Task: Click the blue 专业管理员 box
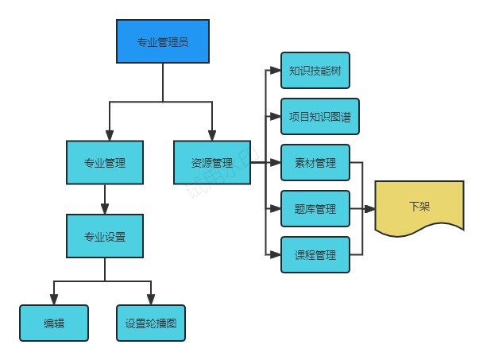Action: click(163, 41)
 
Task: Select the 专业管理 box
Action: click(105, 163)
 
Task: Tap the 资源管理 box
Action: click(212, 163)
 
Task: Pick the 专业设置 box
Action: click(105, 236)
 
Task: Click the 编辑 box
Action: click(54, 323)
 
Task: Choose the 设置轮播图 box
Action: click(150, 323)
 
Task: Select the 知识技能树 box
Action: click(315, 71)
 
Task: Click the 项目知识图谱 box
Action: click(315, 117)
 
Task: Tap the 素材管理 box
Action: click(315, 163)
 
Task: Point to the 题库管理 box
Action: click(315, 209)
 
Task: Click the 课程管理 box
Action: click(315, 255)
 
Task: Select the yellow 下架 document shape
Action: click(419, 207)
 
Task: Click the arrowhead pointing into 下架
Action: click(369, 209)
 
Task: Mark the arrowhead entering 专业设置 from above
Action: click(105, 209)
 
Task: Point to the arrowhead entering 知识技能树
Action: click(276, 71)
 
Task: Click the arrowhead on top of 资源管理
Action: click(212, 136)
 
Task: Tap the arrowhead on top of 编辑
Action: click(54, 300)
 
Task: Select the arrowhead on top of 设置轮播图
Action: click(150, 300)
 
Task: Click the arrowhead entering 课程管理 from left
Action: click(276, 255)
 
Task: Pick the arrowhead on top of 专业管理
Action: click(109, 136)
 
